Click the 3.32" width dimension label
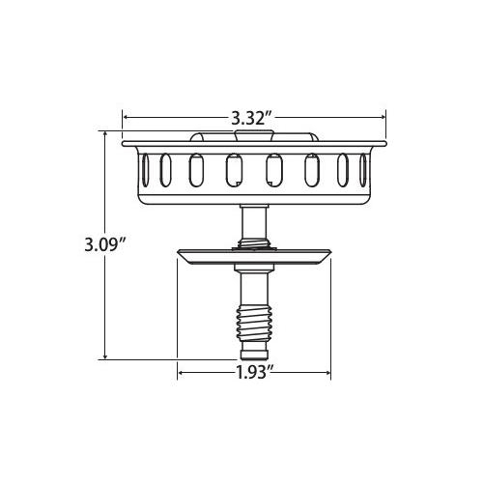(x=252, y=118)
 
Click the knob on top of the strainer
(x=254, y=135)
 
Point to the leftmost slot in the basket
(x=146, y=170)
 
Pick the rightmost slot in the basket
(x=363, y=170)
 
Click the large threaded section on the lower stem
(x=254, y=323)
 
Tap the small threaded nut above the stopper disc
(x=254, y=242)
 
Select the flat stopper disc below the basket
(x=254, y=257)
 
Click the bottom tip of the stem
(x=254, y=359)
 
